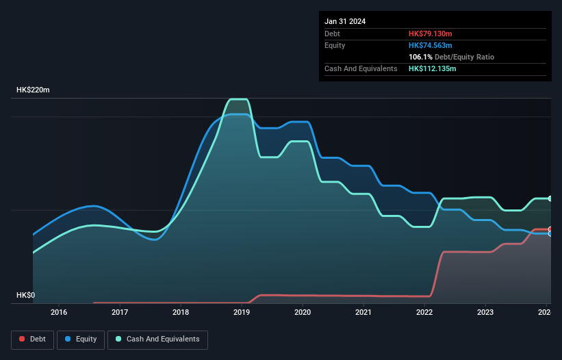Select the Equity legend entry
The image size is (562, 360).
(x=81, y=339)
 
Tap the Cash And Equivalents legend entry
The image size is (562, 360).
(x=157, y=339)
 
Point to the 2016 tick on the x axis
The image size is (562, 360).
(x=59, y=313)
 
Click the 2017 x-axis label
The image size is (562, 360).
(x=120, y=313)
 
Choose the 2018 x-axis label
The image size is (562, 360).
(x=181, y=313)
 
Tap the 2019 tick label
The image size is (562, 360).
(x=242, y=313)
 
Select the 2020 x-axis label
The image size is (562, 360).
(x=303, y=313)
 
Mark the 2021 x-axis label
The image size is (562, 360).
(x=363, y=313)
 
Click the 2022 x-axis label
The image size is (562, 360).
(x=424, y=313)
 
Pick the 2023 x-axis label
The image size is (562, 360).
(x=485, y=313)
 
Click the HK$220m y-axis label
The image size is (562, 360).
(x=34, y=90)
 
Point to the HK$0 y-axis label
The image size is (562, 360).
(x=25, y=295)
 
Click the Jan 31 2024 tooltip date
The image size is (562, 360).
(x=345, y=21)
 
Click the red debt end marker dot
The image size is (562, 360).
(x=550, y=229)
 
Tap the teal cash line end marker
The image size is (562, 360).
(x=550, y=198)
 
